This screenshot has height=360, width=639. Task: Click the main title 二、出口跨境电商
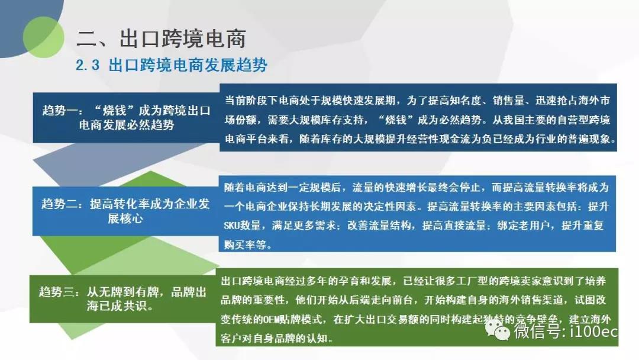pyautogui.click(x=162, y=38)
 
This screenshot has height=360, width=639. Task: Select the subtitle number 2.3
pyautogui.click(x=88, y=65)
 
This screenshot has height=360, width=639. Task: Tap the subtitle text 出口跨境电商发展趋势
pyautogui.click(x=188, y=65)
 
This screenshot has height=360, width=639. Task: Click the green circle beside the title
pyautogui.click(x=44, y=37)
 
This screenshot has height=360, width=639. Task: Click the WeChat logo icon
pyautogui.click(x=497, y=330)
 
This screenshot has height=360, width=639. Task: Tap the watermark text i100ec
pyautogui.click(x=594, y=330)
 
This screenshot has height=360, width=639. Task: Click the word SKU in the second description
pyautogui.click(x=231, y=226)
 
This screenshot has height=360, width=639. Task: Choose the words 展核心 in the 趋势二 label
pyautogui.click(x=125, y=218)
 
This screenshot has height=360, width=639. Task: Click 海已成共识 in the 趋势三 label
pyautogui.click(x=116, y=306)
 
